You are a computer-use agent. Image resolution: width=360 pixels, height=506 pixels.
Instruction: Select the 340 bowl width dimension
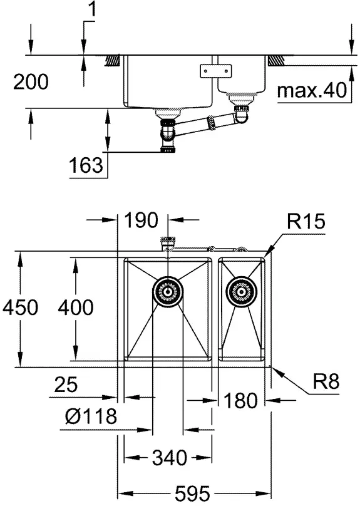point(169,458)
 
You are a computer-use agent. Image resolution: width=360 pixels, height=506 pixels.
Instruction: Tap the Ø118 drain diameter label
point(91,416)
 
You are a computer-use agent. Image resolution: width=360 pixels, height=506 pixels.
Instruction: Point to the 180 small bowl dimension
point(240,400)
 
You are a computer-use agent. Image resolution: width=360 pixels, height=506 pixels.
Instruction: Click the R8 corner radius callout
point(326,381)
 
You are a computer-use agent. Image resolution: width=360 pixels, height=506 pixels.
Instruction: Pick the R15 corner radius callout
point(306,222)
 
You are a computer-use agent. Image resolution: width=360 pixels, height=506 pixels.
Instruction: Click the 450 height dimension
point(20,307)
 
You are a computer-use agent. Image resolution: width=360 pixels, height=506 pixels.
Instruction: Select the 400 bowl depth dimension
point(76,307)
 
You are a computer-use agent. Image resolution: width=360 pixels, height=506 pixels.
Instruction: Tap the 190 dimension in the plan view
point(141,220)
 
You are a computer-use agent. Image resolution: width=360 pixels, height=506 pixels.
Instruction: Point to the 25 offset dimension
point(66,385)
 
